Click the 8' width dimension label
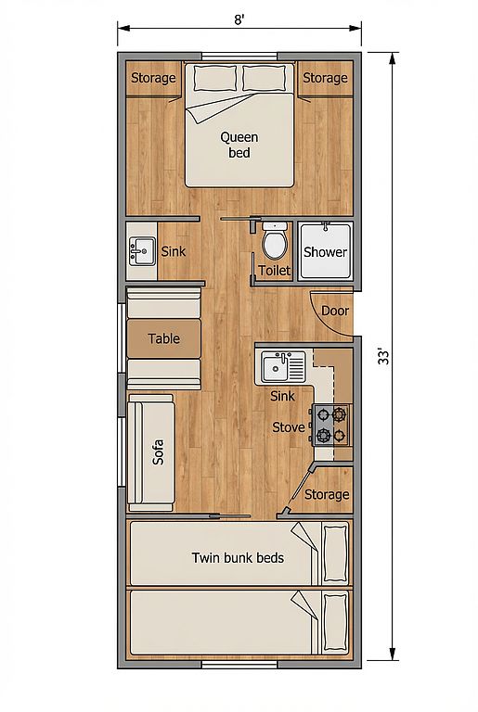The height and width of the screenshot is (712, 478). click(x=239, y=20)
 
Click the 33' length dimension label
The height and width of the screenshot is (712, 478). click(x=384, y=356)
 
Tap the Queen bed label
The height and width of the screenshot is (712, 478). click(x=239, y=145)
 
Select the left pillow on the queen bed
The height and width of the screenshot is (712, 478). click(x=215, y=78)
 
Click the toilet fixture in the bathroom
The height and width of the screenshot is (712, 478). click(x=275, y=241)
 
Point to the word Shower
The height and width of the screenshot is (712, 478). click(x=325, y=252)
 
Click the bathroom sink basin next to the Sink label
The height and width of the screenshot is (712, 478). click(x=142, y=251)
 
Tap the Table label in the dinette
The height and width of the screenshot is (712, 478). click(x=163, y=338)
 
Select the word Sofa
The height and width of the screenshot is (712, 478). click(x=158, y=451)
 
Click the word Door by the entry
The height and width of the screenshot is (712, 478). click(x=335, y=311)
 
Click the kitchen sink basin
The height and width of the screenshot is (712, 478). click(x=275, y=367)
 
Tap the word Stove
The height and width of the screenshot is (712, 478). click(x=289, y=427)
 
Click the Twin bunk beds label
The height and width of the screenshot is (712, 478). click(x=238, y=557)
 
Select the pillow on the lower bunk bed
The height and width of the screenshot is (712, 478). click(x=335, y=623)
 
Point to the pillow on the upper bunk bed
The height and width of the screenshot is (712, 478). click(x=335, y=553)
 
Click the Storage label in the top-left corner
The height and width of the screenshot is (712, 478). click(x=153, y=78)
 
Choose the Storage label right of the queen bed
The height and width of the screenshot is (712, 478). click(x=325, y=78)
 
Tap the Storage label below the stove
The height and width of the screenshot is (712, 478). click(x=327, y=494)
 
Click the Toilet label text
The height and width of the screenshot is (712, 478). click(x=274, y=271)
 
